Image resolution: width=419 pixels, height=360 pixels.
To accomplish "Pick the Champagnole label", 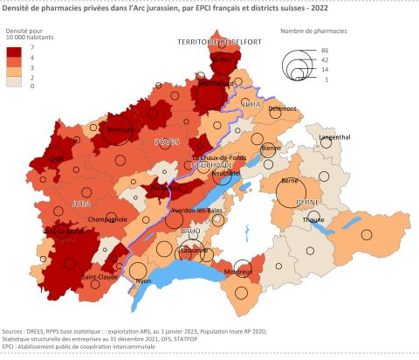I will click(98, 219).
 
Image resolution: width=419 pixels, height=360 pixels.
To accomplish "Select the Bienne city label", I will click(271, 149).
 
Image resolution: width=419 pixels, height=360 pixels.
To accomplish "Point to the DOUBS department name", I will click(168, 142).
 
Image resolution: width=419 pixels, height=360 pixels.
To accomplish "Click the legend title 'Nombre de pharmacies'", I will click(313, 31).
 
